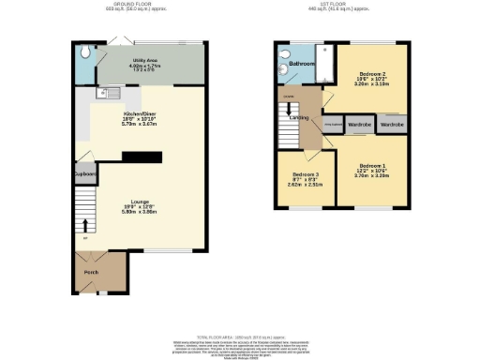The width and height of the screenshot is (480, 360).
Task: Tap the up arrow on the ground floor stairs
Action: pyautogui.click(x=85, y=225)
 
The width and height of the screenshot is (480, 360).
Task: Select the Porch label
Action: pyautogui.click(x=91, y=273)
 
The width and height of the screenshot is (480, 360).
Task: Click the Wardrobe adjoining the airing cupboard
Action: pyautogui.click(x=358, y=124)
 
